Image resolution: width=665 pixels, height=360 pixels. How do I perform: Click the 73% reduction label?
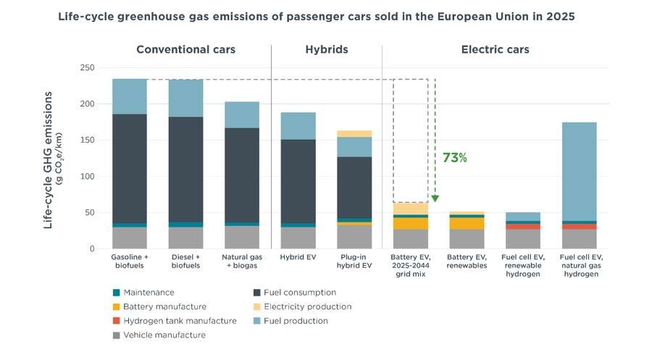(x=455, y=158)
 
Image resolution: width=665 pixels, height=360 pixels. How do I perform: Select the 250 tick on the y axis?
(x=88, y=67)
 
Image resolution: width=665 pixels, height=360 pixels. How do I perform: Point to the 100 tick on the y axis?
(x=88, y=177)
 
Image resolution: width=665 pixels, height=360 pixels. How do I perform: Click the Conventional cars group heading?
(x=186, y=50)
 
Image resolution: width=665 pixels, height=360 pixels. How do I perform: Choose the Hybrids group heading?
(x=326, y=50)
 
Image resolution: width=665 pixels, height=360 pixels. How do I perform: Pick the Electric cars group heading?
(x=495, y=50)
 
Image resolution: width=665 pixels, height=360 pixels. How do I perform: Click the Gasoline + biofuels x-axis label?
(x=130, y=261)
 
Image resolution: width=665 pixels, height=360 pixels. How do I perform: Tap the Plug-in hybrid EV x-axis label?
(x=354, y=261)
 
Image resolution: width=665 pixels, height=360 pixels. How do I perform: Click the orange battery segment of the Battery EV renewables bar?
(x=467, y=223)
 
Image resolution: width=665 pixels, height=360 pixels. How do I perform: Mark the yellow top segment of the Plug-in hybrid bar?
(x=354, y=133)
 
